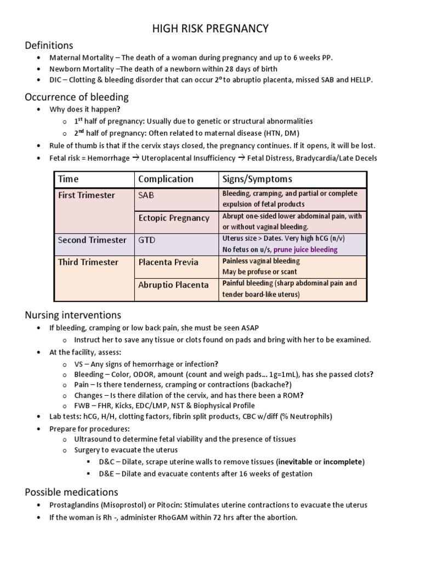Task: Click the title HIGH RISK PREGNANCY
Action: tap(210, 29)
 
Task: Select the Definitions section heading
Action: tap(49, 45)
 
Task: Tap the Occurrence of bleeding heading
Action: tap(77, 97)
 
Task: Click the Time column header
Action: tap(69, 179)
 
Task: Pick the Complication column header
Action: tap(166, 179)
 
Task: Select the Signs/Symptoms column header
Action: tap(257, 179)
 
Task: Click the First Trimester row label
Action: tap(86, 195)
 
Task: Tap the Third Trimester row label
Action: tap(88, 262)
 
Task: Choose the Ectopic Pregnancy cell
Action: tap(173, 218)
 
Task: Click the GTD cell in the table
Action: tap(147, 240)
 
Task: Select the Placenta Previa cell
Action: tap(168, 262)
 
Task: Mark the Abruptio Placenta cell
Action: tap(173, 285)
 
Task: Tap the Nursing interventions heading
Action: tap(73, 315)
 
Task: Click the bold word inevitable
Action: tap(300, 461)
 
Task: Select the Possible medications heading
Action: tap(71, 492)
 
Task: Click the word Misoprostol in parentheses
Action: tap(123, 505)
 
